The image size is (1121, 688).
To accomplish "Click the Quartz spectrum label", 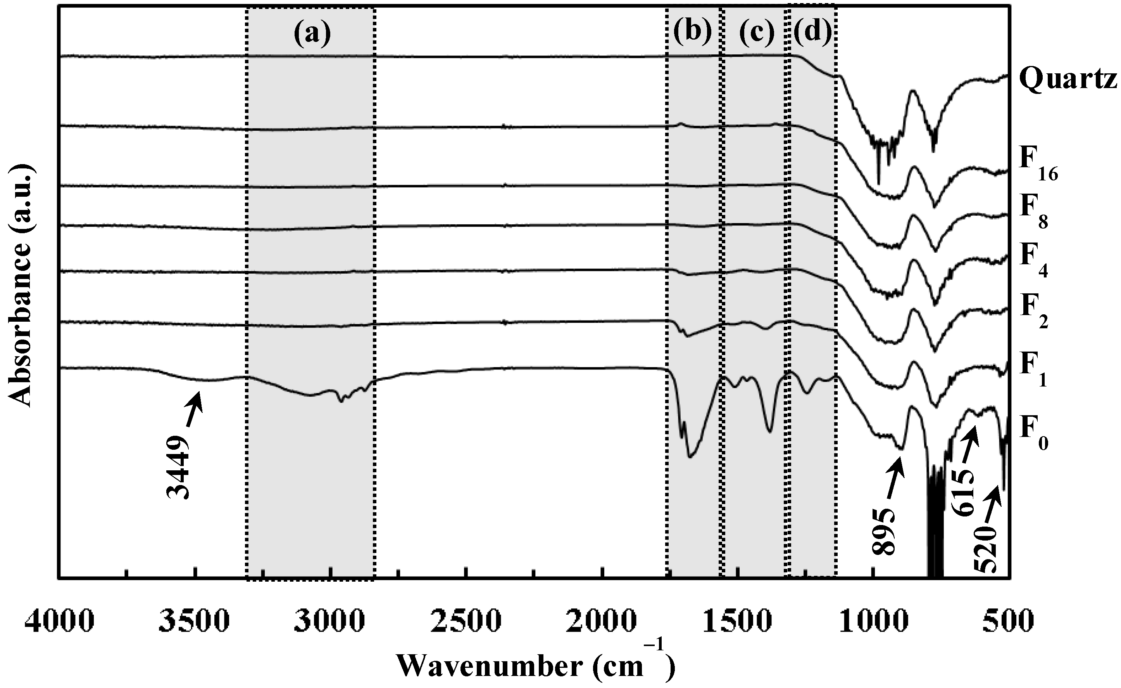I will tap(1068, 81).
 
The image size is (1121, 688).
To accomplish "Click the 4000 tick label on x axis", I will tap(60, 622).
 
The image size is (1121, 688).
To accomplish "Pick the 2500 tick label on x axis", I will tap(466, 622).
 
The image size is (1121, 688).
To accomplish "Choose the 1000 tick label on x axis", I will tap(874, 622).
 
